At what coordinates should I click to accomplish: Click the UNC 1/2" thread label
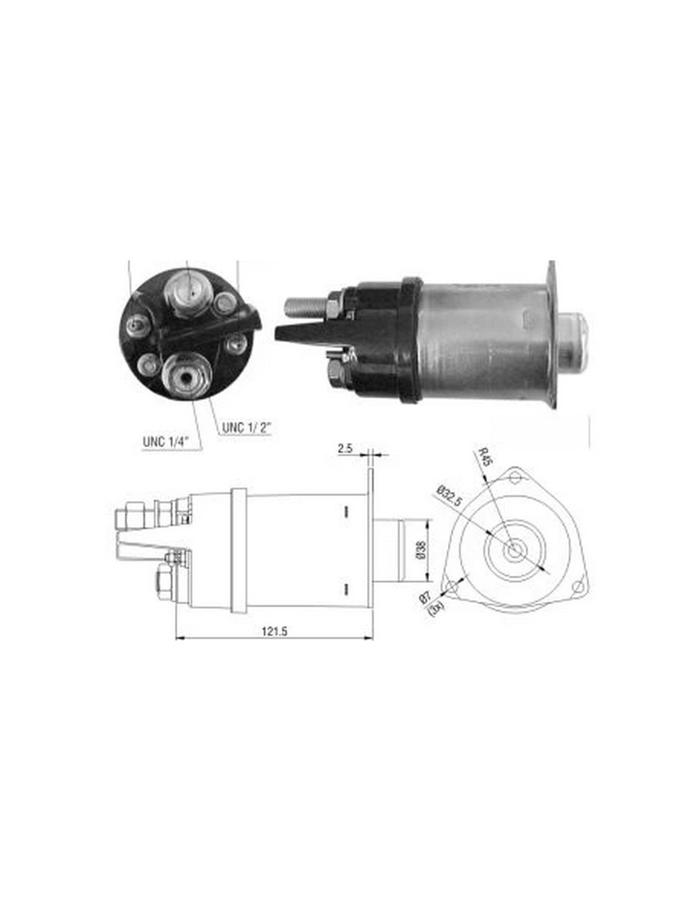pos(246,428)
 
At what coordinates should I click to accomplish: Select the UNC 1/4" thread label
pos(166,441)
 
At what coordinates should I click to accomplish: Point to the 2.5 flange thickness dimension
pos(345,449)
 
